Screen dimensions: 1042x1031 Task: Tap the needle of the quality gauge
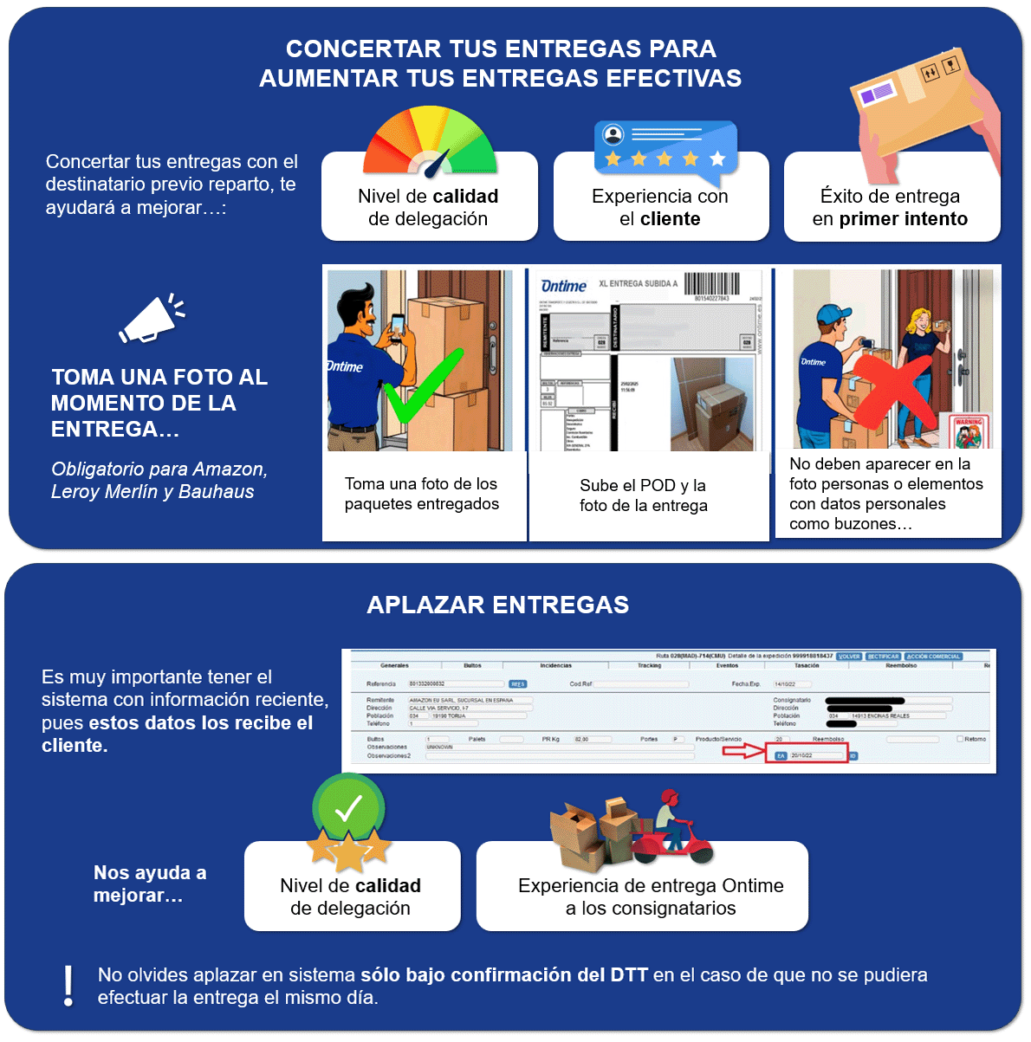(438, 162)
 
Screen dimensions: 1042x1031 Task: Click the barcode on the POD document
(711, 284)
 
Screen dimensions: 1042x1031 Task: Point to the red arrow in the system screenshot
(743, 752)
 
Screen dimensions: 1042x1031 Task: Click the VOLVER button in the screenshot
(849, 657)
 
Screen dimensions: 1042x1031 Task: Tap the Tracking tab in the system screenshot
(650, 666)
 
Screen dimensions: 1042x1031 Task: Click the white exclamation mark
(68, 985)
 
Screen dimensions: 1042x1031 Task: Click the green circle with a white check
(348, 809)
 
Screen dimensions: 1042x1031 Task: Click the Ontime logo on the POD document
(563, 286)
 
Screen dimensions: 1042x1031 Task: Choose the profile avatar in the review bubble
(613, 135)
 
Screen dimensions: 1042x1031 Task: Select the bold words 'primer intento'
(903, 219)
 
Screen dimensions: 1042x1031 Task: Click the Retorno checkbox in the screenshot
(959, 739)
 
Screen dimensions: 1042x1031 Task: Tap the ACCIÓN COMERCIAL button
(933, 657)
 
